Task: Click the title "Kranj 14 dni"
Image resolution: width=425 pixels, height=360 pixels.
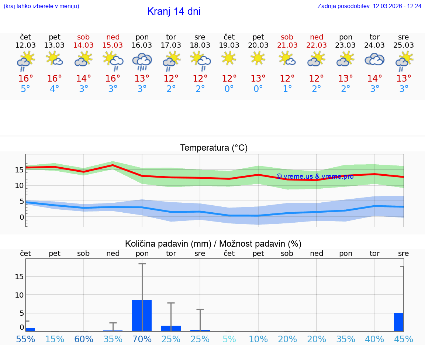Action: tap(174, 11)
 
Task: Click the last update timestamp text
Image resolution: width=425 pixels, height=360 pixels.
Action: tap(369, 6)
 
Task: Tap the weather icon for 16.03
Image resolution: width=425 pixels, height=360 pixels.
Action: tap(142, 61)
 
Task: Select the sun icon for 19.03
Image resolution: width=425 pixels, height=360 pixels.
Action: tap(229, 58)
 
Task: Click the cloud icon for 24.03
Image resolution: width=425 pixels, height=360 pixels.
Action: tap(374, 59)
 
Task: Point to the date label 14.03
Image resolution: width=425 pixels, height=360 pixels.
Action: tap(84, 45)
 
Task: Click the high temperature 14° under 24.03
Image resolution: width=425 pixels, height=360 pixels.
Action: tap(374, 79)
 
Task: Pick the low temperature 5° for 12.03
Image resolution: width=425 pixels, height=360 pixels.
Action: tap(25, 89)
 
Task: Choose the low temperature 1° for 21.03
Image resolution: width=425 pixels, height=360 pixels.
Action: tap(287, 89)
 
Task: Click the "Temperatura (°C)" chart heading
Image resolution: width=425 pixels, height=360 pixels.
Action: tap(214, 148)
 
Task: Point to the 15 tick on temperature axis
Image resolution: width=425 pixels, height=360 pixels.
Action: tap(20, 170)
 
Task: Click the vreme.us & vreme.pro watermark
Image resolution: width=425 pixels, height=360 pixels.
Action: tap(315, 176)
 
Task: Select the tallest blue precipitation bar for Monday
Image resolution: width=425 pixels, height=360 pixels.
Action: tap(142, 315)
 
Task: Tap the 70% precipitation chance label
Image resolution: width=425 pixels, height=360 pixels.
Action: tap(142, 339)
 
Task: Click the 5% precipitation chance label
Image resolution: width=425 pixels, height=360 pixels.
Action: tap(229, 339)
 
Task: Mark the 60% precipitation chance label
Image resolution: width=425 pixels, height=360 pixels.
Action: tap(84, 339)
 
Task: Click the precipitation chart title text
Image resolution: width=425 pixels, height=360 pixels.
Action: tap(213, 244)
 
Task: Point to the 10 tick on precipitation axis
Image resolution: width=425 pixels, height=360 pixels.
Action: tap(20, 295)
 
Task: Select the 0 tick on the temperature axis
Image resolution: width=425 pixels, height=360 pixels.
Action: tap(22, 217)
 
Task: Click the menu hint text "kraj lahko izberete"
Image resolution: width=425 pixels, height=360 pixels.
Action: tap(41, 6)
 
